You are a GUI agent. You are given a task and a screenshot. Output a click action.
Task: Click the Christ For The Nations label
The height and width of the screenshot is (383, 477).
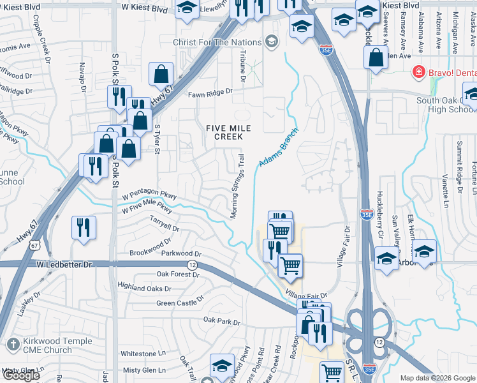pyautogui.click(x=217, y=43)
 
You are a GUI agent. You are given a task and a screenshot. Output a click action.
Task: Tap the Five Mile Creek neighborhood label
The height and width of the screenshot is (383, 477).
pyautogui.click(x=228, y=132)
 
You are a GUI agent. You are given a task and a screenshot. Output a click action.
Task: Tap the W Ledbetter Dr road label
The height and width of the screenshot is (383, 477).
pyautogui.click(x=64, y=264)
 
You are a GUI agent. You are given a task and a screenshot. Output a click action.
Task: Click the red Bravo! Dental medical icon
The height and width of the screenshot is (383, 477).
pyautogui.click(x=418, y=71)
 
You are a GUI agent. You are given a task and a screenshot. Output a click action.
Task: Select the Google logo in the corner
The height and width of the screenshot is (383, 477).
pyautogui.click(x=20, y=375)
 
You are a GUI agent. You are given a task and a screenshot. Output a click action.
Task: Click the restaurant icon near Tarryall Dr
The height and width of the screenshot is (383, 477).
pyautogui.click(x=84, y=228)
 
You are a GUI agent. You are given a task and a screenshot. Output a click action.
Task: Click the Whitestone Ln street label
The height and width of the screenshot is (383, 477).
pyautogui.click(x=143, y=354)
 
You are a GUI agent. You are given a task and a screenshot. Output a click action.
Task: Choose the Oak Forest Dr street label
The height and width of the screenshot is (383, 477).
pyautogui.click(x=178, y=275)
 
